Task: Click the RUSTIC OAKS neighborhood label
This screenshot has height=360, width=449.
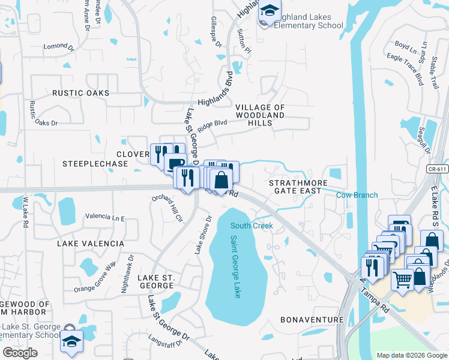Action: tap(80, 93)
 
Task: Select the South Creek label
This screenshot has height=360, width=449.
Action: tap(252, 226)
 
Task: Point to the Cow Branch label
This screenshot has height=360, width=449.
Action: tap(357, 195)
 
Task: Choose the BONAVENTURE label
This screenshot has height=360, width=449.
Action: tap(311, 320)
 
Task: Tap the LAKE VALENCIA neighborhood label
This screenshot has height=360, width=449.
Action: tap(90, 244)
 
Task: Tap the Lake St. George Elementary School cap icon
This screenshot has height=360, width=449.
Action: tap(71, 341)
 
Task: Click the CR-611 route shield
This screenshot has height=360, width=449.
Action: tap(439, 169)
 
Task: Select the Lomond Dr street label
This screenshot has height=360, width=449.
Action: tap(59, 46)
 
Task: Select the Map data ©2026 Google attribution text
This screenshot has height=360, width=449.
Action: tap(411, 355)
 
